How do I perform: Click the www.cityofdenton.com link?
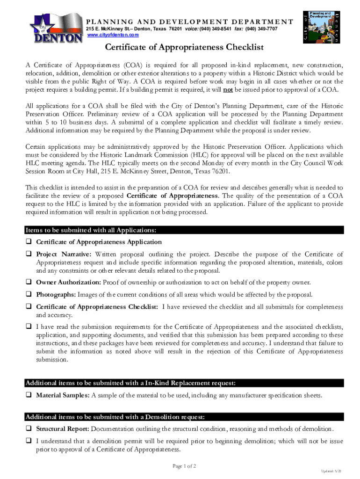click(x=113, y=35)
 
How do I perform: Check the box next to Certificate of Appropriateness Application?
click(x=29, y=242)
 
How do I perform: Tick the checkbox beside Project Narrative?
click(x=29, y=254)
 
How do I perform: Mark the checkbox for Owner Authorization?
click(x=29, y=282)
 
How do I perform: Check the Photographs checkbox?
click(x=29, y=294)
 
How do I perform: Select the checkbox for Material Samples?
click(x=29, y=396)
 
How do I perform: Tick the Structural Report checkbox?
click(x=29, y=428)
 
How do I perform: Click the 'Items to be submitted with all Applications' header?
click(x=91, y=230)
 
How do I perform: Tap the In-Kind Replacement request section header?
click(x=130, y=384)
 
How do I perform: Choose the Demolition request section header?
click(x=115, y=417)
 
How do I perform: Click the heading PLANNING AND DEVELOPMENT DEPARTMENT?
click(x=189, y=22)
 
